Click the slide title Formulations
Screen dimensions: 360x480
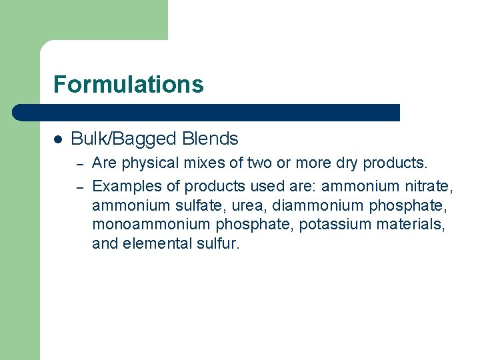click(128, 85)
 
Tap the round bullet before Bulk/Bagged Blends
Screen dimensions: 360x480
click(58, 139)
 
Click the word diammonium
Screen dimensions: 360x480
click(310, 205)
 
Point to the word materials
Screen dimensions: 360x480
click(410, 225)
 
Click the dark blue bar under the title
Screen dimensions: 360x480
click(207, 113)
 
